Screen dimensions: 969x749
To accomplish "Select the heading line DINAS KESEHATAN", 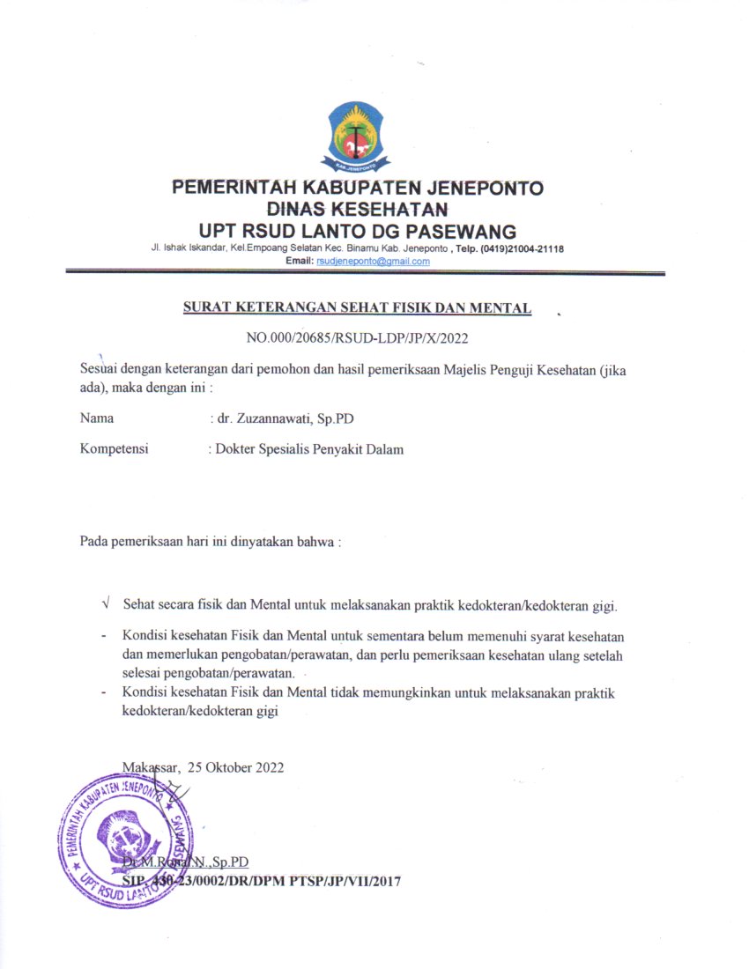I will [x=357, y=209].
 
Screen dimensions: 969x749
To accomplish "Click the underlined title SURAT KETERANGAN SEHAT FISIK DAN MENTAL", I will [x=357, y=307].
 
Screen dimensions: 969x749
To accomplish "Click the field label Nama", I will [x=96, y=418].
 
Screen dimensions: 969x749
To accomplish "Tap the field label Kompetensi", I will [x=114, y=449].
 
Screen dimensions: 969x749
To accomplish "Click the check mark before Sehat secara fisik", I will [x=106, y=604].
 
